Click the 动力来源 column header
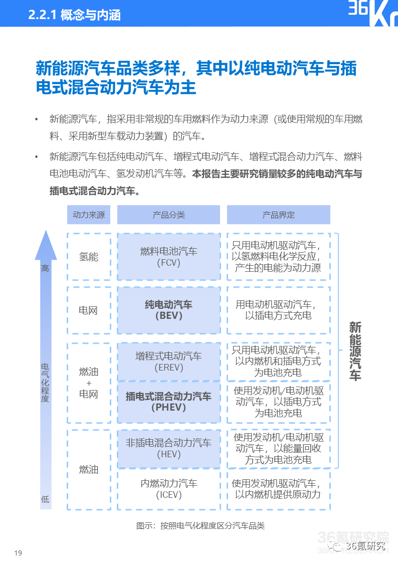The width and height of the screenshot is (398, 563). coord(89,215)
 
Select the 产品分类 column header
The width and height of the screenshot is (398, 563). coord(168,215)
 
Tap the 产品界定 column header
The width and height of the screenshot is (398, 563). coord(278,215)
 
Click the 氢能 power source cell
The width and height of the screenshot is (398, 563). coord(89,257)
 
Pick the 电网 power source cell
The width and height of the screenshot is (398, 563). coord(89,310)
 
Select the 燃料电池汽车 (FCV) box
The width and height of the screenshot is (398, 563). coord(168,257)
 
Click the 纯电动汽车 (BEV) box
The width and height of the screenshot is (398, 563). coord(168,310)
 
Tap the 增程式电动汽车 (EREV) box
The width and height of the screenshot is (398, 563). coord(168,361)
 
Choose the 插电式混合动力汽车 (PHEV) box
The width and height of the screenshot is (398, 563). coord(168,402)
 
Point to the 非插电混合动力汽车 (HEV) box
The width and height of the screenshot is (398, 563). coord(168,449)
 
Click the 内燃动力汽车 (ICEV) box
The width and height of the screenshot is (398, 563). coord(168,489)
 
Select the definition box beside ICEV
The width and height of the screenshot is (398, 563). coord(278,489)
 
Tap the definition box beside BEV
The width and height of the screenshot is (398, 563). coord(278,310)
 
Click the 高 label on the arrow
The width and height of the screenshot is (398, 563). coord(45,269)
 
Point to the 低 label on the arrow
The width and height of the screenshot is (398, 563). coord(45,499)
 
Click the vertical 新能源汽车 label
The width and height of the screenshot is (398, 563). coord(355,351)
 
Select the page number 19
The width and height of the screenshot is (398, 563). coord(19,553)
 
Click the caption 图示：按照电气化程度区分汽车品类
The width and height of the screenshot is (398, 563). coord(200,525)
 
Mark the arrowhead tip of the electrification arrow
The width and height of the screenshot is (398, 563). coord(46,232)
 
